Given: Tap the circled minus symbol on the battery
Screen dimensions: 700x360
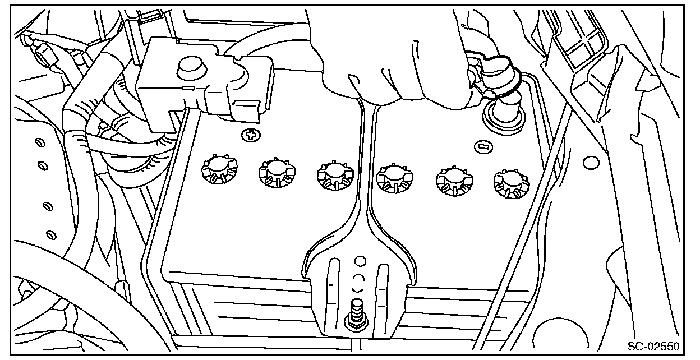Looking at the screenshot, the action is pyautogui.click(x=482, y=147).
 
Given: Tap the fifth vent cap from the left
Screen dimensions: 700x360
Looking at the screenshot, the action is pyautogui.click(x=452, y=179).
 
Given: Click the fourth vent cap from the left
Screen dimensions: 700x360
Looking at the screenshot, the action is pyautogui.click(x=393, y=177).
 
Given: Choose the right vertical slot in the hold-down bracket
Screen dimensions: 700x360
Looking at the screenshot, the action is pyautogui.click(x=384, y=289).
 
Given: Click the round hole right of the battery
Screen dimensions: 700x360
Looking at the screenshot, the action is pyautogui.click(x=589, y=163).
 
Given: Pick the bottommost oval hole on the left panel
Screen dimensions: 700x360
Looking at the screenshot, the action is pyautogui.click(x=50, y=234).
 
